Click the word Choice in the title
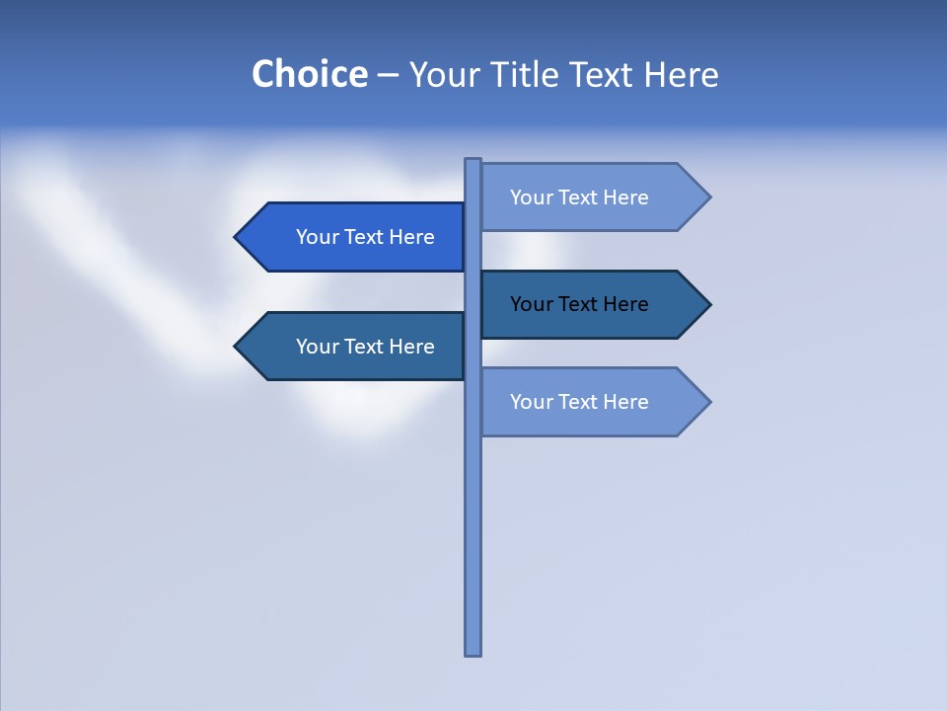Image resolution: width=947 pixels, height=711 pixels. (x=309, y=74)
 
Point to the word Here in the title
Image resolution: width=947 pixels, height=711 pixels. (x=681, y=74)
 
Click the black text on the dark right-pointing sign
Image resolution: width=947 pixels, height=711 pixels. (x=579, y=304)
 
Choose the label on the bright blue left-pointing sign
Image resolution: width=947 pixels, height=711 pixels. (x=365, y=237)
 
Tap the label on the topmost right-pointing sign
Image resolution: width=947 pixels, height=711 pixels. (x=579, y=197)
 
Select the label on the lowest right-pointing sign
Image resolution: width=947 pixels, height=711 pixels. (x=579, y=402)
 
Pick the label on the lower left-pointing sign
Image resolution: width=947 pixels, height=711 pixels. (x=365, y=347)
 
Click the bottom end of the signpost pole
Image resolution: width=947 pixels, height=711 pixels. (x=473, y=652)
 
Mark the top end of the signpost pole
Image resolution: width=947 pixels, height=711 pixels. (x=473, y=161)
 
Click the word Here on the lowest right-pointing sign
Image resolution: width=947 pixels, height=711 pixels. (x=625, y=402)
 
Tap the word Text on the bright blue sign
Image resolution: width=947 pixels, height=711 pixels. (x=365, y=237)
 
